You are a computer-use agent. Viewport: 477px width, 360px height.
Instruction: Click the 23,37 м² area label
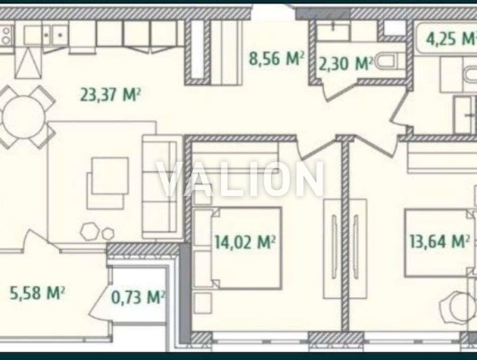110,95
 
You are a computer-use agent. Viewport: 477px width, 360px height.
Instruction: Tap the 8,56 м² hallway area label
276,58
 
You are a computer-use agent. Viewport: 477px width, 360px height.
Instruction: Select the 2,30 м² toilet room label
345,64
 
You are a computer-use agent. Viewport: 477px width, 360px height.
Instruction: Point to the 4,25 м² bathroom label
451,39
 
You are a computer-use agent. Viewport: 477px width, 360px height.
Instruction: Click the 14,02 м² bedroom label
245,242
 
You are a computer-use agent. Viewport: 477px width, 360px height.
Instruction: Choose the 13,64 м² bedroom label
439,242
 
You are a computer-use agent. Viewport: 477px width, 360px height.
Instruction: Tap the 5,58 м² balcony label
37,293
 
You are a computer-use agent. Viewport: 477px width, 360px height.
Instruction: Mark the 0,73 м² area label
138,297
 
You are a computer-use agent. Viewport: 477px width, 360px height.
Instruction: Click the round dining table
23,117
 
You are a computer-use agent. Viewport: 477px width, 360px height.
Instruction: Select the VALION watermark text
240,179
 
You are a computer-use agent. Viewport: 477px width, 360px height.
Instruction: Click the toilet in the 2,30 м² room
390,62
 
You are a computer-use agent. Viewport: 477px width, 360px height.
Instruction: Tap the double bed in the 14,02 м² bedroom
237,249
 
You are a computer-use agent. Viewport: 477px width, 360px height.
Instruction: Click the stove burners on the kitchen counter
6,35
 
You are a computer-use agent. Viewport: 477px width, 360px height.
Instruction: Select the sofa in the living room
161,187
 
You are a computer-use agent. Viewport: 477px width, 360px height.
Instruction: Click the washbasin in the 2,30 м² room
334,31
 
